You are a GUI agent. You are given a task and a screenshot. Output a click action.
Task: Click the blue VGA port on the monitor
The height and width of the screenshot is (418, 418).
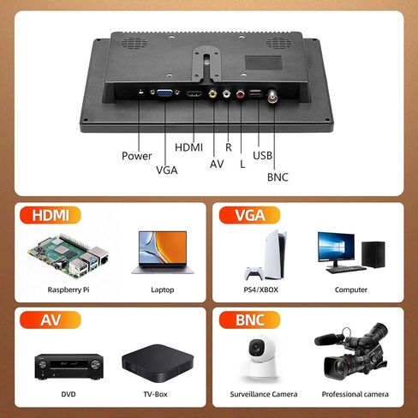[x=164, y=93]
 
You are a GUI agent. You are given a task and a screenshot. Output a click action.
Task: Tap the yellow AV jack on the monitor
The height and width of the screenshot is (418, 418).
[x=212, y=93]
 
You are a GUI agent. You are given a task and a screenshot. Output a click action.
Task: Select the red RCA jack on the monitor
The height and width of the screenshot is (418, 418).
[x=241, y=93]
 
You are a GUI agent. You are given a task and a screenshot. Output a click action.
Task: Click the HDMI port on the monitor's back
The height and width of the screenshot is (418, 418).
[x=194, y=94]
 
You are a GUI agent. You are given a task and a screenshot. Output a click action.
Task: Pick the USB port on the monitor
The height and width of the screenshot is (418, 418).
[x=256, y=93]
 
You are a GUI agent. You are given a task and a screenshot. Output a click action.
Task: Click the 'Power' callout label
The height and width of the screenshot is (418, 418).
[x=137, y=156]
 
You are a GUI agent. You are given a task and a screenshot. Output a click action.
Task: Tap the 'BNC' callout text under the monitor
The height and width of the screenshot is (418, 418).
[x=278, y=177]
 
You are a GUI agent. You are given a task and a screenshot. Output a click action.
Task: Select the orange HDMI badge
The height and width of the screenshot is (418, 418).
[x=51, y=215]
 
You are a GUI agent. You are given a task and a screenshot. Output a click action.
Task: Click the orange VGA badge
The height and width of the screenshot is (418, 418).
[x=249, y=215]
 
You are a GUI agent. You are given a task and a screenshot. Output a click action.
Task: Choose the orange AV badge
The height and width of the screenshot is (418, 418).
[x=51, y=319]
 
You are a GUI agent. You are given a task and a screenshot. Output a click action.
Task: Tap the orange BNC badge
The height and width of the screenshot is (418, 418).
[x=249, y=319]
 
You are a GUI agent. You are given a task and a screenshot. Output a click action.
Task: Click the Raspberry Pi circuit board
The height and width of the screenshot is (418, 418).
[x=69, y=255]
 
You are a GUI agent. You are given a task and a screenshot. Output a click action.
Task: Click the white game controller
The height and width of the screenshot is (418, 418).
[x=254, y=273]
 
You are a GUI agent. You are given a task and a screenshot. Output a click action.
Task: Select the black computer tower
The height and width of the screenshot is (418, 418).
[x=373, y=254]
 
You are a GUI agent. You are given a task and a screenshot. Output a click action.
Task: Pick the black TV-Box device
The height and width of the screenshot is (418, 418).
[x=158, y=363]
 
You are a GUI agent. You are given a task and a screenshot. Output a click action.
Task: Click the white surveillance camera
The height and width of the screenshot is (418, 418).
[x=260, y=357]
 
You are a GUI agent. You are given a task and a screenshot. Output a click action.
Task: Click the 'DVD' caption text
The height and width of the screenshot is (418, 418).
[x=69, y=394]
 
